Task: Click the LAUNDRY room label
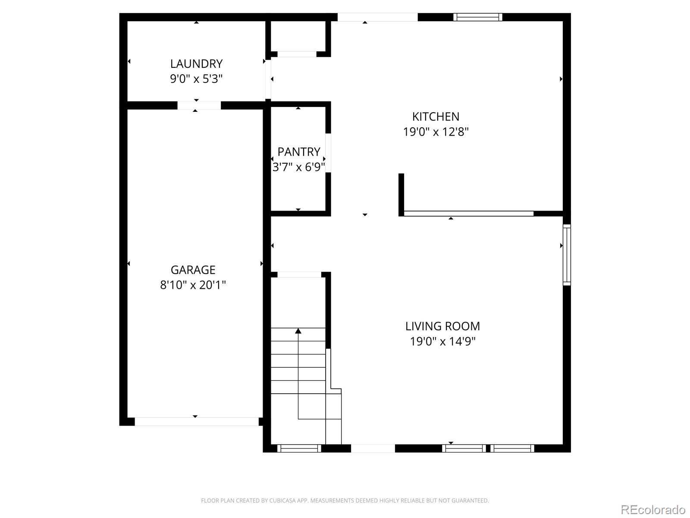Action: click(x=196, y=64)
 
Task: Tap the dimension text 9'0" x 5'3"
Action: click(x=196, y=79)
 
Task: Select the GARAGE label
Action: click(x=193, y=270)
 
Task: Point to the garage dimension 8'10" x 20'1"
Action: click(x=193, y=285)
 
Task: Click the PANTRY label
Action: click(x=298, y=152)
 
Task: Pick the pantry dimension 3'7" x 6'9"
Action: click(x=298, y=167)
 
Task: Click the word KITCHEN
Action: click(x=436, y=117)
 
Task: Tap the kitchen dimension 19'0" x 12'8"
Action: click(x=436, y=132)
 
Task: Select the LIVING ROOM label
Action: click(x=442, y=326)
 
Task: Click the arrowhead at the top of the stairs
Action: click(x=298, y=331)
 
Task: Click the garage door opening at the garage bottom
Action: click(x=197, y=422)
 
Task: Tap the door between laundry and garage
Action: click(x=199, y=105)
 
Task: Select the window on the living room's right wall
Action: click(x=567, y=255)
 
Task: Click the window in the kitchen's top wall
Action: click(x=477, y=17)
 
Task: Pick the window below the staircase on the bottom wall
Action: click(x=299, y=449)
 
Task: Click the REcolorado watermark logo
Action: click(x=652, y=510)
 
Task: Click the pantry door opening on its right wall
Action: click(x=328, y=153)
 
